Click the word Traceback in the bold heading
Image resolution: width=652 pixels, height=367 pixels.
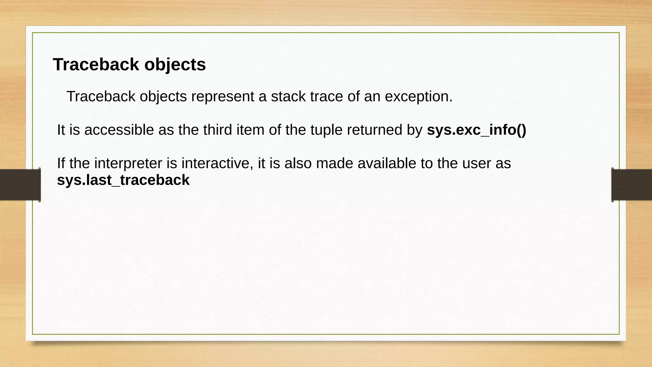coord(96,64)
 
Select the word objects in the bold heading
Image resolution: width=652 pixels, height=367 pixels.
coord(175,64)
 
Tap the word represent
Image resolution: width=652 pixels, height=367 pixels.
coord(223,96)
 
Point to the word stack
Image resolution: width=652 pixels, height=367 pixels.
coord(288,96)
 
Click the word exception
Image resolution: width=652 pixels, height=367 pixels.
coord(418,96)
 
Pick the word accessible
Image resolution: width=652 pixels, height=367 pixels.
coord(119,130)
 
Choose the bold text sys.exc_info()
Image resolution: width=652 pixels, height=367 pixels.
coord(476,130)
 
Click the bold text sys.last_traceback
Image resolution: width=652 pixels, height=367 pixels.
coord(123,180)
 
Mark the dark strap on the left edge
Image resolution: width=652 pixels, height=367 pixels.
coord(20,185)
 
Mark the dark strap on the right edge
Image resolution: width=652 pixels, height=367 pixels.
coord(632,185)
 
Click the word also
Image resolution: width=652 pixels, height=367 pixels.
coord(298,163)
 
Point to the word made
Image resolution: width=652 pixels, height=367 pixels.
coord(334,163)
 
